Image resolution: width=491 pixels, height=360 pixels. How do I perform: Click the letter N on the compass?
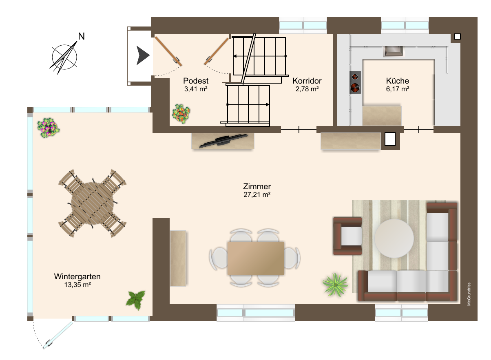coord(81,36)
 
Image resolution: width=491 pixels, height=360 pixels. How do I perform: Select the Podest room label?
coord(196,81)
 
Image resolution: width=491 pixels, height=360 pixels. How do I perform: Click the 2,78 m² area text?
coord(307,89)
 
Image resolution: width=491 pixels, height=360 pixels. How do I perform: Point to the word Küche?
coord(397,81)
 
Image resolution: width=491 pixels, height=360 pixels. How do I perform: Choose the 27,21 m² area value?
coord(257,194)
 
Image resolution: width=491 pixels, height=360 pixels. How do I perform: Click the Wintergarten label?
coord(77,276)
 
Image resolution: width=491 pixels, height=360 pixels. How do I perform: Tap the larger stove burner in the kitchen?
coord(355,87)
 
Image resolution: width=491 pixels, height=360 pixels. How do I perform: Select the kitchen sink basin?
coord(393,51)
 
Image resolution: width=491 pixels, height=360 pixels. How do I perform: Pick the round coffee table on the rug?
coord(394,238)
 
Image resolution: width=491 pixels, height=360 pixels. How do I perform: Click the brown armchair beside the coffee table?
coord(347,236)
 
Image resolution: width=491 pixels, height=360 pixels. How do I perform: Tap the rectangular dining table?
coord(256,258)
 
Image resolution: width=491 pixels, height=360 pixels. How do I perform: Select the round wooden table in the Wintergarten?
coord(93,203)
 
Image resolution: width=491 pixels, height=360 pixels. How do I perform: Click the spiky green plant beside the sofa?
coord(335,285)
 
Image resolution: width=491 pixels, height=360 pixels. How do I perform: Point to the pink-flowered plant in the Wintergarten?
coord(48,128)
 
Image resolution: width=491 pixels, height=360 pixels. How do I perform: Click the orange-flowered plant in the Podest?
coord(181,113)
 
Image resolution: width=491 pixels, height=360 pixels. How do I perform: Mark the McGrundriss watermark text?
coord(469,294)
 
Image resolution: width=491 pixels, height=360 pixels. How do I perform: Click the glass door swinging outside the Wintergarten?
coord(58,335)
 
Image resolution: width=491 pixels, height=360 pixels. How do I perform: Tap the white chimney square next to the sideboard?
coord(390,139)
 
